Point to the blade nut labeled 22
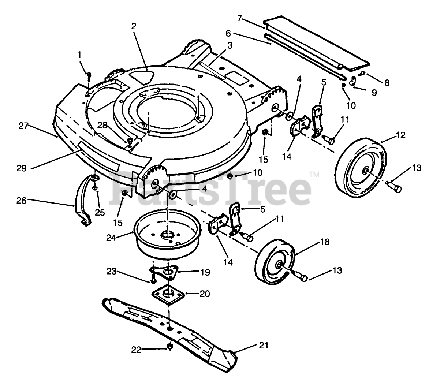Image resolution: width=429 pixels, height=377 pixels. pyautogui.click(x=169, y=346)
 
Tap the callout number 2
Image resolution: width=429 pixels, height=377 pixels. pyautogui.click(x=134, y=26)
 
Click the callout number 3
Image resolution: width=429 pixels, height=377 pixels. pyautogui.click(x=229, y=45)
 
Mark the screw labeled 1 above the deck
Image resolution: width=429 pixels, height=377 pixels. pyautogui.click(x=88, y=75)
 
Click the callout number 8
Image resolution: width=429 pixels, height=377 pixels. pyautogui.click(x=387, y=83)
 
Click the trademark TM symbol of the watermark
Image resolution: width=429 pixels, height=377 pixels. pyautogui.click(x=314, y=175)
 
